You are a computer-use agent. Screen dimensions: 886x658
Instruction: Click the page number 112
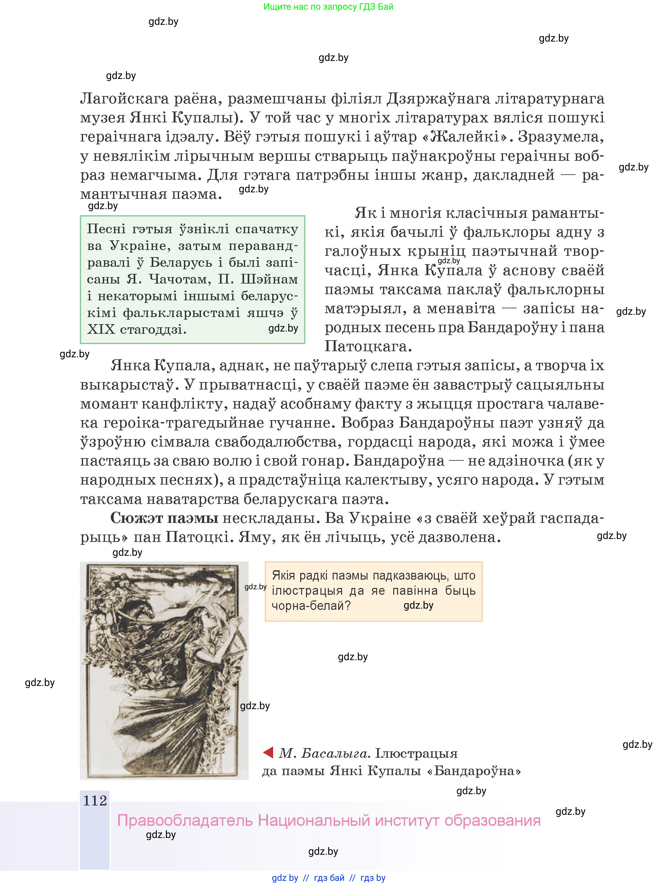95,800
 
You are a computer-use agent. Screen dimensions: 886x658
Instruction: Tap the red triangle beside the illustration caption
268,753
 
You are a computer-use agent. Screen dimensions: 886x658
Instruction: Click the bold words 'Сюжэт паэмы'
164,518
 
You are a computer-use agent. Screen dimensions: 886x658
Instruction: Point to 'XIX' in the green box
101,330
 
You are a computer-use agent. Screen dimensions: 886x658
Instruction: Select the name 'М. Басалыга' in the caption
323,753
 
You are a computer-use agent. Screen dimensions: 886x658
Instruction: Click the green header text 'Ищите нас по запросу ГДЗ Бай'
328,7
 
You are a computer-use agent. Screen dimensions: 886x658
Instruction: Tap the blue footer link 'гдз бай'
329,878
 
